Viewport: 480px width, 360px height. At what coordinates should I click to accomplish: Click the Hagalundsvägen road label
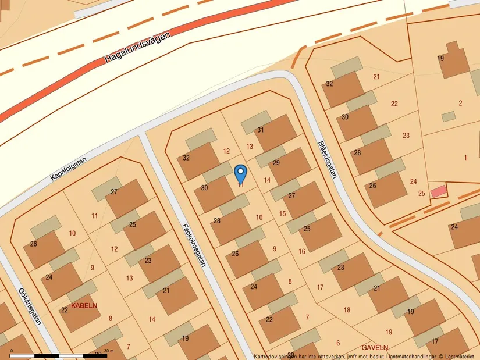tap(138, 48)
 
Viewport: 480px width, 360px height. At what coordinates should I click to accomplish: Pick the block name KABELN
tap(84, 305)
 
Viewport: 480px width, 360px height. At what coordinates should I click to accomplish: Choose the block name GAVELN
tap(375, 347)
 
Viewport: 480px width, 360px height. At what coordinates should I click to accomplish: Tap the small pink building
tap(439, 191)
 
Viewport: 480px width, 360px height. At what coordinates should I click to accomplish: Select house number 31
tap(261, 130)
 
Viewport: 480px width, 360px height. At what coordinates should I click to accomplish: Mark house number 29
tap(276, 163)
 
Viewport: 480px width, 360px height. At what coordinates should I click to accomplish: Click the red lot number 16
tap(302, 251)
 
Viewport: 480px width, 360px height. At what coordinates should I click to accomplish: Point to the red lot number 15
tap(283, 214)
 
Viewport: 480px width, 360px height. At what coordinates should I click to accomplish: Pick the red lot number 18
tap(347, 310)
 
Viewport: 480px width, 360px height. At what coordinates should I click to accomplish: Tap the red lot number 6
tap(337, 343)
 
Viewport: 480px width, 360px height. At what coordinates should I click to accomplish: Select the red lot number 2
tap(460, 104)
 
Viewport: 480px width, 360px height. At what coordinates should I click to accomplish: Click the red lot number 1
tap(465, 158)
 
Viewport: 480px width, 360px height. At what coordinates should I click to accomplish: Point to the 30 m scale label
tap(109, 351)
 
